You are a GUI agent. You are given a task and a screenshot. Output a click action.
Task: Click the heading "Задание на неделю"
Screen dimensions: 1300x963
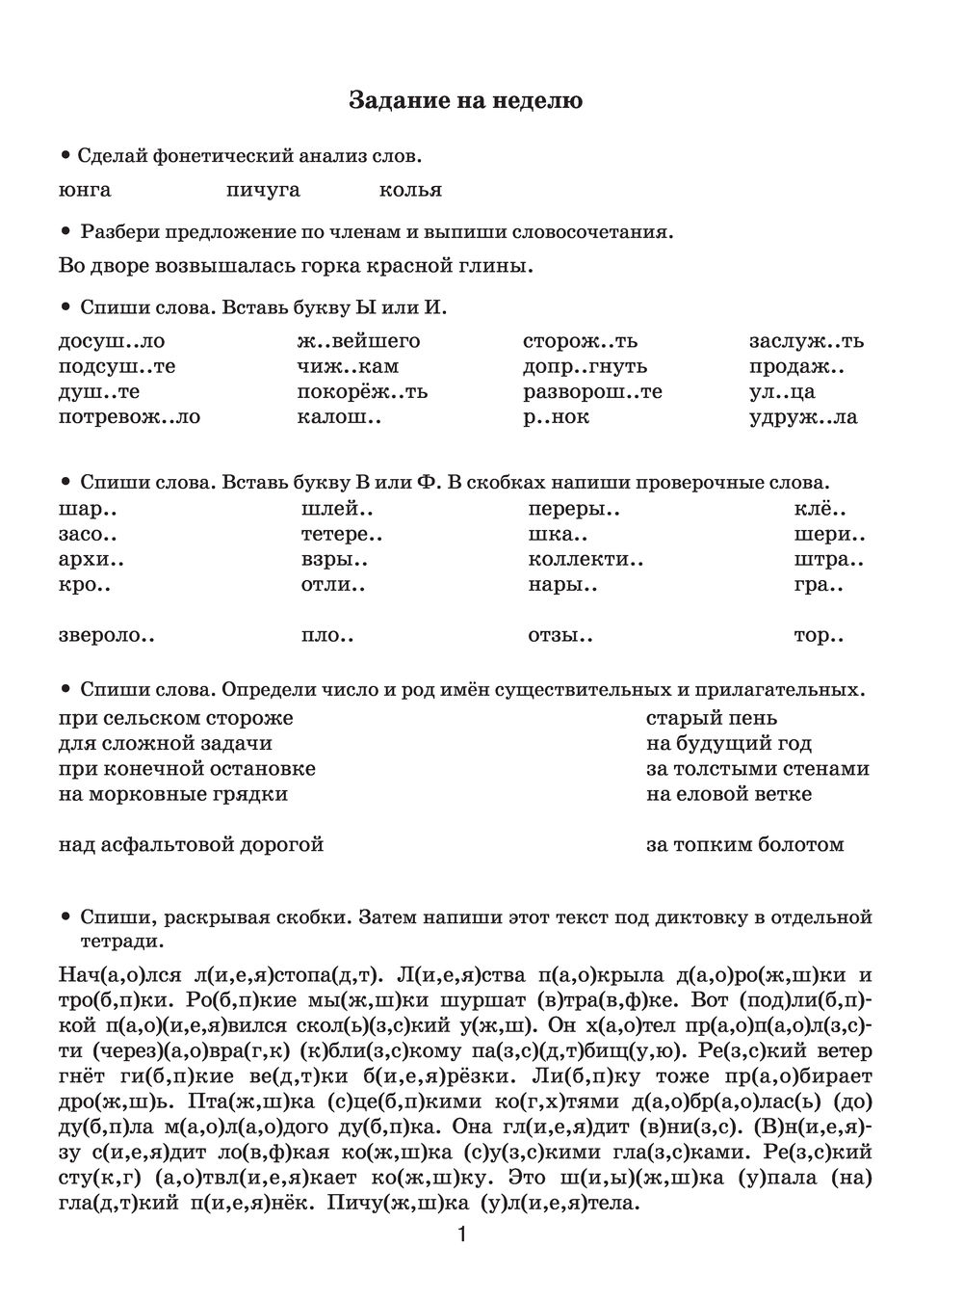point(465,100)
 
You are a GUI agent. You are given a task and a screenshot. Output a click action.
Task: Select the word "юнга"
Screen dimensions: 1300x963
point(85,190)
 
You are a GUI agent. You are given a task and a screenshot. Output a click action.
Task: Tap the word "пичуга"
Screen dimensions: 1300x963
point(263,190)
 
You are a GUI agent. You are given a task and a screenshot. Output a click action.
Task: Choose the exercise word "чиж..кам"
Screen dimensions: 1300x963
point(349,366)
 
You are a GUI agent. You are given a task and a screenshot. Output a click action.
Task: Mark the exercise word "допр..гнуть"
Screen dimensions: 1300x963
point(586,366)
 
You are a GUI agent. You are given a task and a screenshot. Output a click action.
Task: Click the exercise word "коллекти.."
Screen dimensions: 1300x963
point(586,559)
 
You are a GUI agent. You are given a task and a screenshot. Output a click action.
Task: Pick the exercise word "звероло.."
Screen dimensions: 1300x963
point(107,636)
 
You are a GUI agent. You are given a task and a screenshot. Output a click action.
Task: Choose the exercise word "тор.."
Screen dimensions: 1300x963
point(819,636)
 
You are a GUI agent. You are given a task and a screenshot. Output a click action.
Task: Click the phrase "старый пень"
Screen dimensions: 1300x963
point(712,718)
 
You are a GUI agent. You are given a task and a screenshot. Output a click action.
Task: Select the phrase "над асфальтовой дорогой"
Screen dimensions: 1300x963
point(191,845)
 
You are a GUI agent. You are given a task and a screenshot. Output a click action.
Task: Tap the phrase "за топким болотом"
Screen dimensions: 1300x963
point(745,845)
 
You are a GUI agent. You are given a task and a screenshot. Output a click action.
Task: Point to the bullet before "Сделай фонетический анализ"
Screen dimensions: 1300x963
point(65,154)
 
